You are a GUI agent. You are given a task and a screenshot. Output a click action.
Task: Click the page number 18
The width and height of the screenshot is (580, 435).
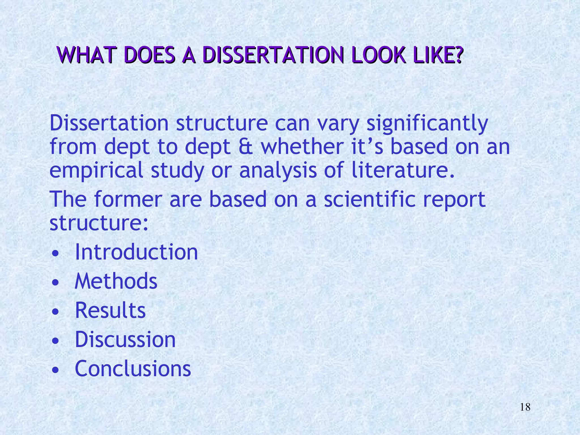click(525, 407)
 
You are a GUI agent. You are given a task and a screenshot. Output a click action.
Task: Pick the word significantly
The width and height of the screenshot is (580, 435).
click(427, 124)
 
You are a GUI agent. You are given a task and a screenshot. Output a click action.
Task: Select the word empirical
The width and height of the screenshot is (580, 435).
click(96, 171)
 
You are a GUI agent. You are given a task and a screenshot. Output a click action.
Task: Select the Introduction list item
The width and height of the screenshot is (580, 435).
click(136, 252)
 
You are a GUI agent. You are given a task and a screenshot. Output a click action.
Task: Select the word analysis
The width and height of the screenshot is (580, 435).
click(278, 171)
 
